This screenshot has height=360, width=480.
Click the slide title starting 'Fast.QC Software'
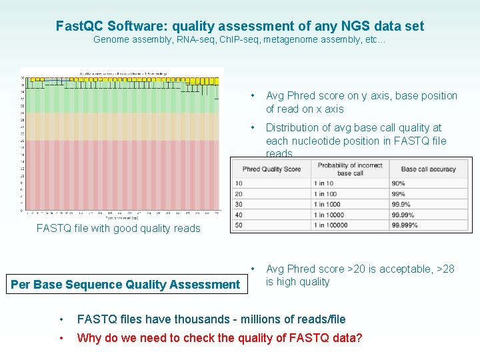pos(239,26)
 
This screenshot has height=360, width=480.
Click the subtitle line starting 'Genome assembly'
pos(239,40)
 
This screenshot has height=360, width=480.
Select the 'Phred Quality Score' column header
pos(271,169)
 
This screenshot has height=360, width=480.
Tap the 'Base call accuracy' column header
pos(428,169)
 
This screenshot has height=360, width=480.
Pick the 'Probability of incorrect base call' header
pos(350,169)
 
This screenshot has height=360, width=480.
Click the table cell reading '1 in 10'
pos(325,183)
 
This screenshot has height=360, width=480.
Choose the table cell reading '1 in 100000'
pos(331,226)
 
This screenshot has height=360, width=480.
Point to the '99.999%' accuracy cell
pos(405,226)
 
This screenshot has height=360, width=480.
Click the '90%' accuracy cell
pos(399,183)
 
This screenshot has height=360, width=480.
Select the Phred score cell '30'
pos(239,205)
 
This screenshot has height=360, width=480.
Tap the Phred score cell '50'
pos(239,226)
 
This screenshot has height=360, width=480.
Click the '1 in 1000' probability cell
pos(328,205)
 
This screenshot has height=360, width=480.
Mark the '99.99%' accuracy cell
pos(403,215)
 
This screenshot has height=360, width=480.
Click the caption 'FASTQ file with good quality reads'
pos(118,228)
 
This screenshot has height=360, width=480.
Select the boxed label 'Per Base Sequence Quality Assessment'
pos(125,285)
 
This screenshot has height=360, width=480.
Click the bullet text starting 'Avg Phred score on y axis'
pos(361,102)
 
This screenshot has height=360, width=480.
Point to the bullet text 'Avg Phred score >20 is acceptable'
pos(360,275)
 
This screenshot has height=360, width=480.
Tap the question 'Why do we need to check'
pos(219,338)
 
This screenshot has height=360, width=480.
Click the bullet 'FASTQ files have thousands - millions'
pos(211,319)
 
